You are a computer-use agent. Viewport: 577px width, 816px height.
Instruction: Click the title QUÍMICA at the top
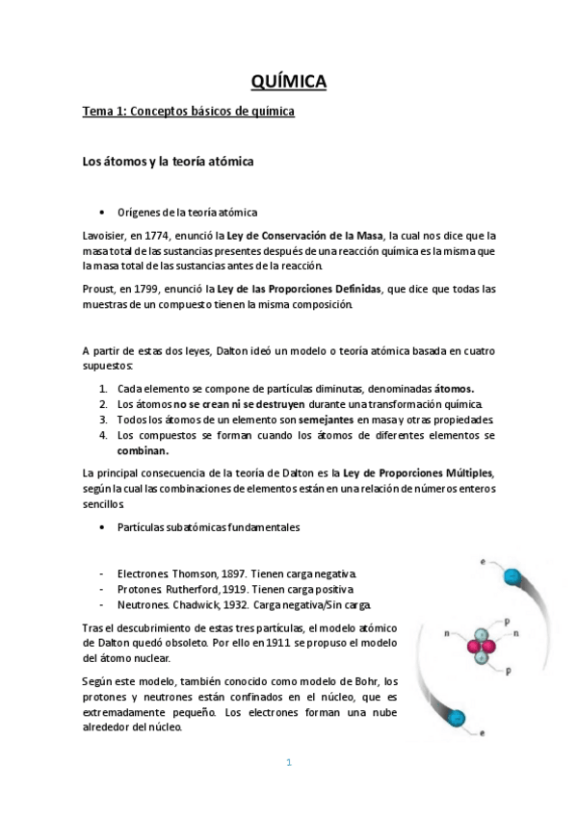[288, 82]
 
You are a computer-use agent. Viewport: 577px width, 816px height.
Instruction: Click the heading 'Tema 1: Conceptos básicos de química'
[188, 113]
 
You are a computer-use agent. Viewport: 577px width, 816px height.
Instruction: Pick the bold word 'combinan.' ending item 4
[143, 450]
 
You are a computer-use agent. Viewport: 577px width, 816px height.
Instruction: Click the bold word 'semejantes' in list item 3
[325, 420]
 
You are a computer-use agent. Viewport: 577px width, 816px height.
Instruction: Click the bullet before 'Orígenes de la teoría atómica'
[103, 213]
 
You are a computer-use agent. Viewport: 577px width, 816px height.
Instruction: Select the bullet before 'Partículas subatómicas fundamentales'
[103, 526]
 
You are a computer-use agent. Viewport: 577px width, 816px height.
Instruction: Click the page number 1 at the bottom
[288, 763]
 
